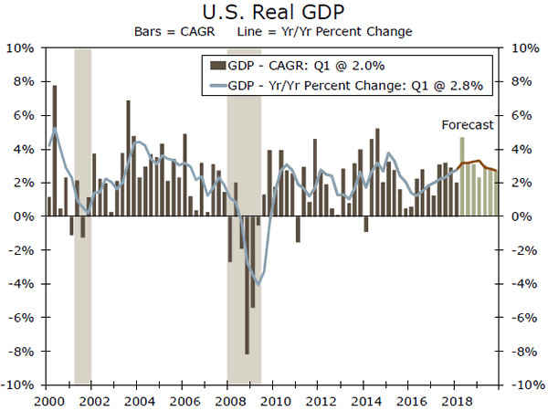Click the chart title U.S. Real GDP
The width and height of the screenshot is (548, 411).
[x=274, y=12]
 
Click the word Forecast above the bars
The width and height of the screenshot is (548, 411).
[x=467, y=124]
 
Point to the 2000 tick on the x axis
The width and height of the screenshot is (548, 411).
[x=47, y=400]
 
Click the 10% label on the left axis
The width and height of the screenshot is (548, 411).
[x=23, y=47]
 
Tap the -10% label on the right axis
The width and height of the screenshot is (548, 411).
[x=525, y=385]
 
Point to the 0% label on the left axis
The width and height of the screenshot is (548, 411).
[x=26, y=216]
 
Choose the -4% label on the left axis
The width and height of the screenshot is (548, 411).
[x=23, y=284]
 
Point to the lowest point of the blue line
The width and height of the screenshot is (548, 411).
[x=258, y=284]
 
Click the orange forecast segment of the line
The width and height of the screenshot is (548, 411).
[x=479, y=165]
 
